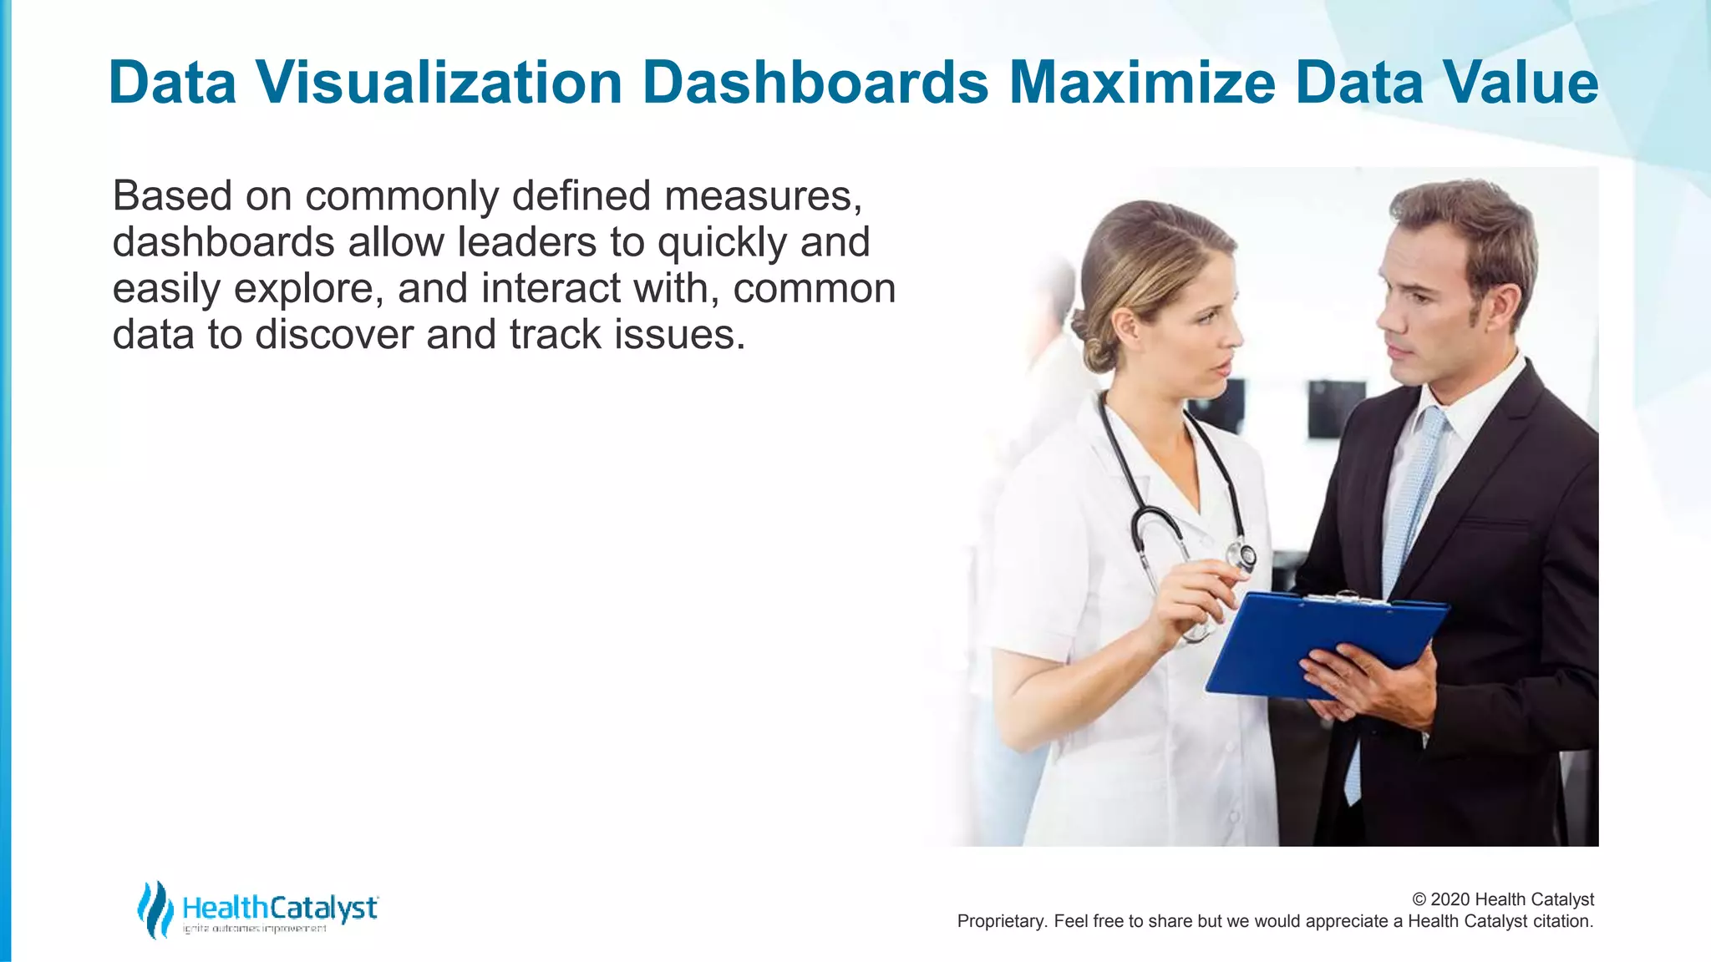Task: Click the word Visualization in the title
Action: (439, 83)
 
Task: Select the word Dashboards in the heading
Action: (815, 83)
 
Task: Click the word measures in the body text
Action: (762, 196)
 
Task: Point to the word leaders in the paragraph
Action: (526, 243)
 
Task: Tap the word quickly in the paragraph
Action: (722, 243)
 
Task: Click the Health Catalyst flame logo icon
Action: (155, 909)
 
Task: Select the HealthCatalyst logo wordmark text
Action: (280, 908)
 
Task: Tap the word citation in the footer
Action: (1562, 921)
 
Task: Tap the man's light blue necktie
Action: (1412, 501)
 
